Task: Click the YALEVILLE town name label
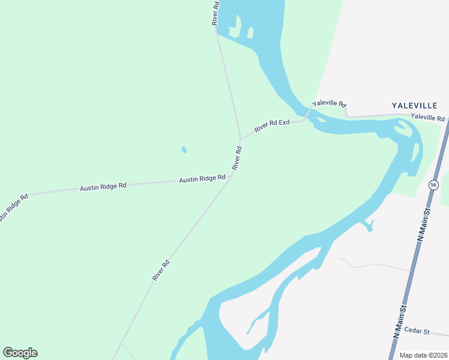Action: click(x=415, y=105)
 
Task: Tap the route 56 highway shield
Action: click(x=433, y=185)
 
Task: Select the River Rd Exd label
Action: click(x=271, y=126)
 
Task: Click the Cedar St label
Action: click(x=417, y=330)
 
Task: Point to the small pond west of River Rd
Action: click(x=184, y=150)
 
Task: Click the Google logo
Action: click(x=20, y=353)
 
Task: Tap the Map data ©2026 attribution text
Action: click(x=423, y=355)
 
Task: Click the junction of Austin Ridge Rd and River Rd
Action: click(x=231, y=176)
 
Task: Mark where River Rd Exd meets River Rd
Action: click(x=241, y=140)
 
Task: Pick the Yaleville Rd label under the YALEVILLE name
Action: click(x=427, y=118)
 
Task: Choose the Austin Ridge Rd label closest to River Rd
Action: click(x=202, y=179)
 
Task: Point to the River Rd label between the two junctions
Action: click(x=237, y=157)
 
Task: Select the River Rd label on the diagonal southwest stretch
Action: click(x=161, y=270)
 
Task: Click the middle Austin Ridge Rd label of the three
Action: click(x=103, y=187)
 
